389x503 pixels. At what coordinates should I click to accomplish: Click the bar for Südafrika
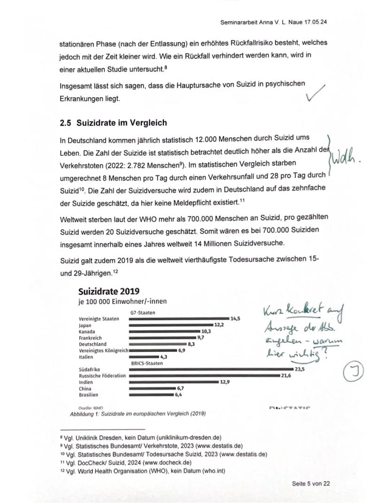[x=211, y=370]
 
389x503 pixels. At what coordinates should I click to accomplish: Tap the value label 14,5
[x=235, y=318]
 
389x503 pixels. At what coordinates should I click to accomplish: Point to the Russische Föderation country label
[x=102, y=376]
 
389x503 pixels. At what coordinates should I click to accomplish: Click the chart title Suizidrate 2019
[x=109, y=291]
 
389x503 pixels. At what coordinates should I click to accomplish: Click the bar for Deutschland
[x=157, y=344]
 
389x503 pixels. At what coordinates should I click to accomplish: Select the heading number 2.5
[x=66, y=123]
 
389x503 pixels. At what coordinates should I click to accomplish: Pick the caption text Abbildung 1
[x=86, y=414]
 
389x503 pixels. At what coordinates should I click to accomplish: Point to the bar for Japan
[x=170, y=325]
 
